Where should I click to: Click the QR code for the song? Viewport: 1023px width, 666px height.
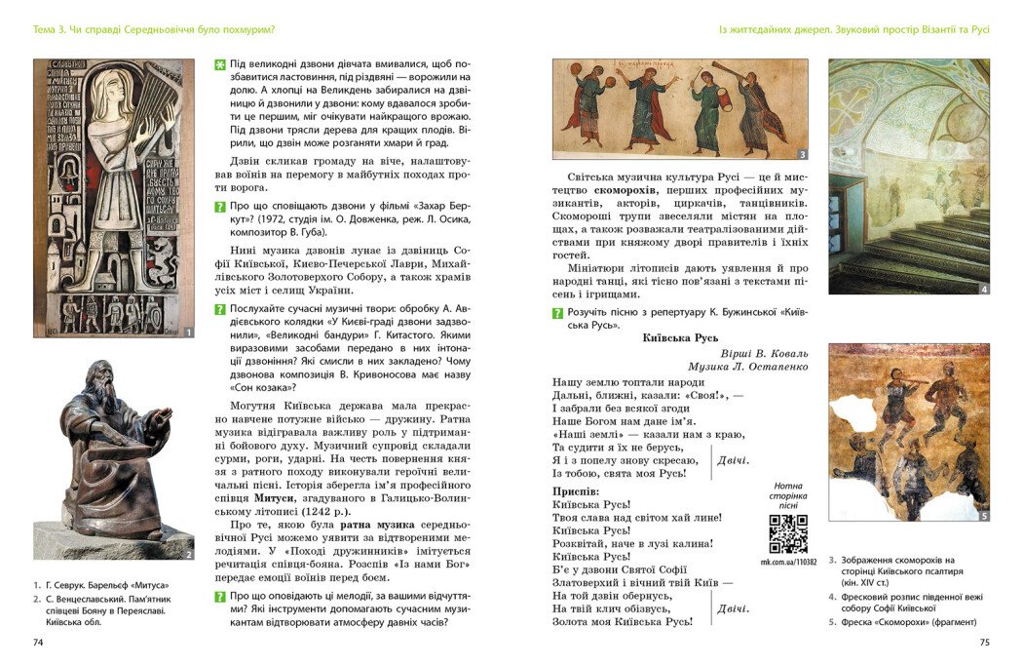tap(788, 533)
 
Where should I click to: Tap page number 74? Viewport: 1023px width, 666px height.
tap(39, 643)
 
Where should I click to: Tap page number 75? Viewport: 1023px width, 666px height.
tap(983, 643)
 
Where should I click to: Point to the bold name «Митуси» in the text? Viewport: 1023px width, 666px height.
tap(275, 496)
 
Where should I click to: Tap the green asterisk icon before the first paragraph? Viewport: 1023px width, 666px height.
tap(220, 64)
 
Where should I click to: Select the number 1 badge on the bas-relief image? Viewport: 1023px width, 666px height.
tap(188, 333)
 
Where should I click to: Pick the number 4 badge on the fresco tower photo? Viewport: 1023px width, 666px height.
tap(983, 289)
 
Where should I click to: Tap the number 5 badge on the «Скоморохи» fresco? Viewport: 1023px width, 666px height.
tap(983, 516)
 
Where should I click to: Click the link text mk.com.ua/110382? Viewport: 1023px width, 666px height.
tap(788, 563)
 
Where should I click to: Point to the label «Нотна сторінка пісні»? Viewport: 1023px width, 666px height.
tap(788, 494)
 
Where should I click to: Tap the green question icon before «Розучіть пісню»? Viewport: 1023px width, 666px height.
tap(557, 313)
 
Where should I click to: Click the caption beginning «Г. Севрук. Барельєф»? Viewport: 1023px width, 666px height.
tap(107, 584)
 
